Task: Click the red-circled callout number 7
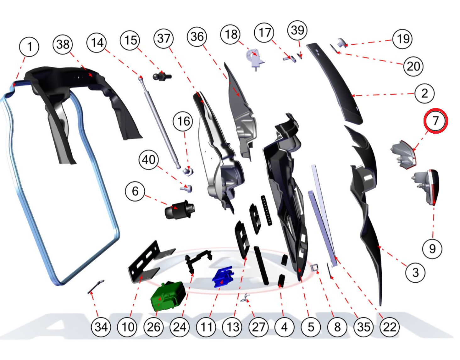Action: tap(435, 121)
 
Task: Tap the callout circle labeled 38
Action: tap(63, 44)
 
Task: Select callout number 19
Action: tap(403, 39)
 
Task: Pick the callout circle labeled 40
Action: tap(149, 160)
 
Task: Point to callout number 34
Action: tap(101, 327)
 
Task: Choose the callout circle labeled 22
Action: tap(390, 327)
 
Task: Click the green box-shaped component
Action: tap(168, 296)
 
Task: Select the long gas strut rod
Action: tap(159, 123)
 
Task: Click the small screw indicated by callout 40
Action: tap(186, 188)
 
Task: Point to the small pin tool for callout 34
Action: tap(96, 287)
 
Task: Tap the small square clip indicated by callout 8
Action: tap(315, 268)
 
